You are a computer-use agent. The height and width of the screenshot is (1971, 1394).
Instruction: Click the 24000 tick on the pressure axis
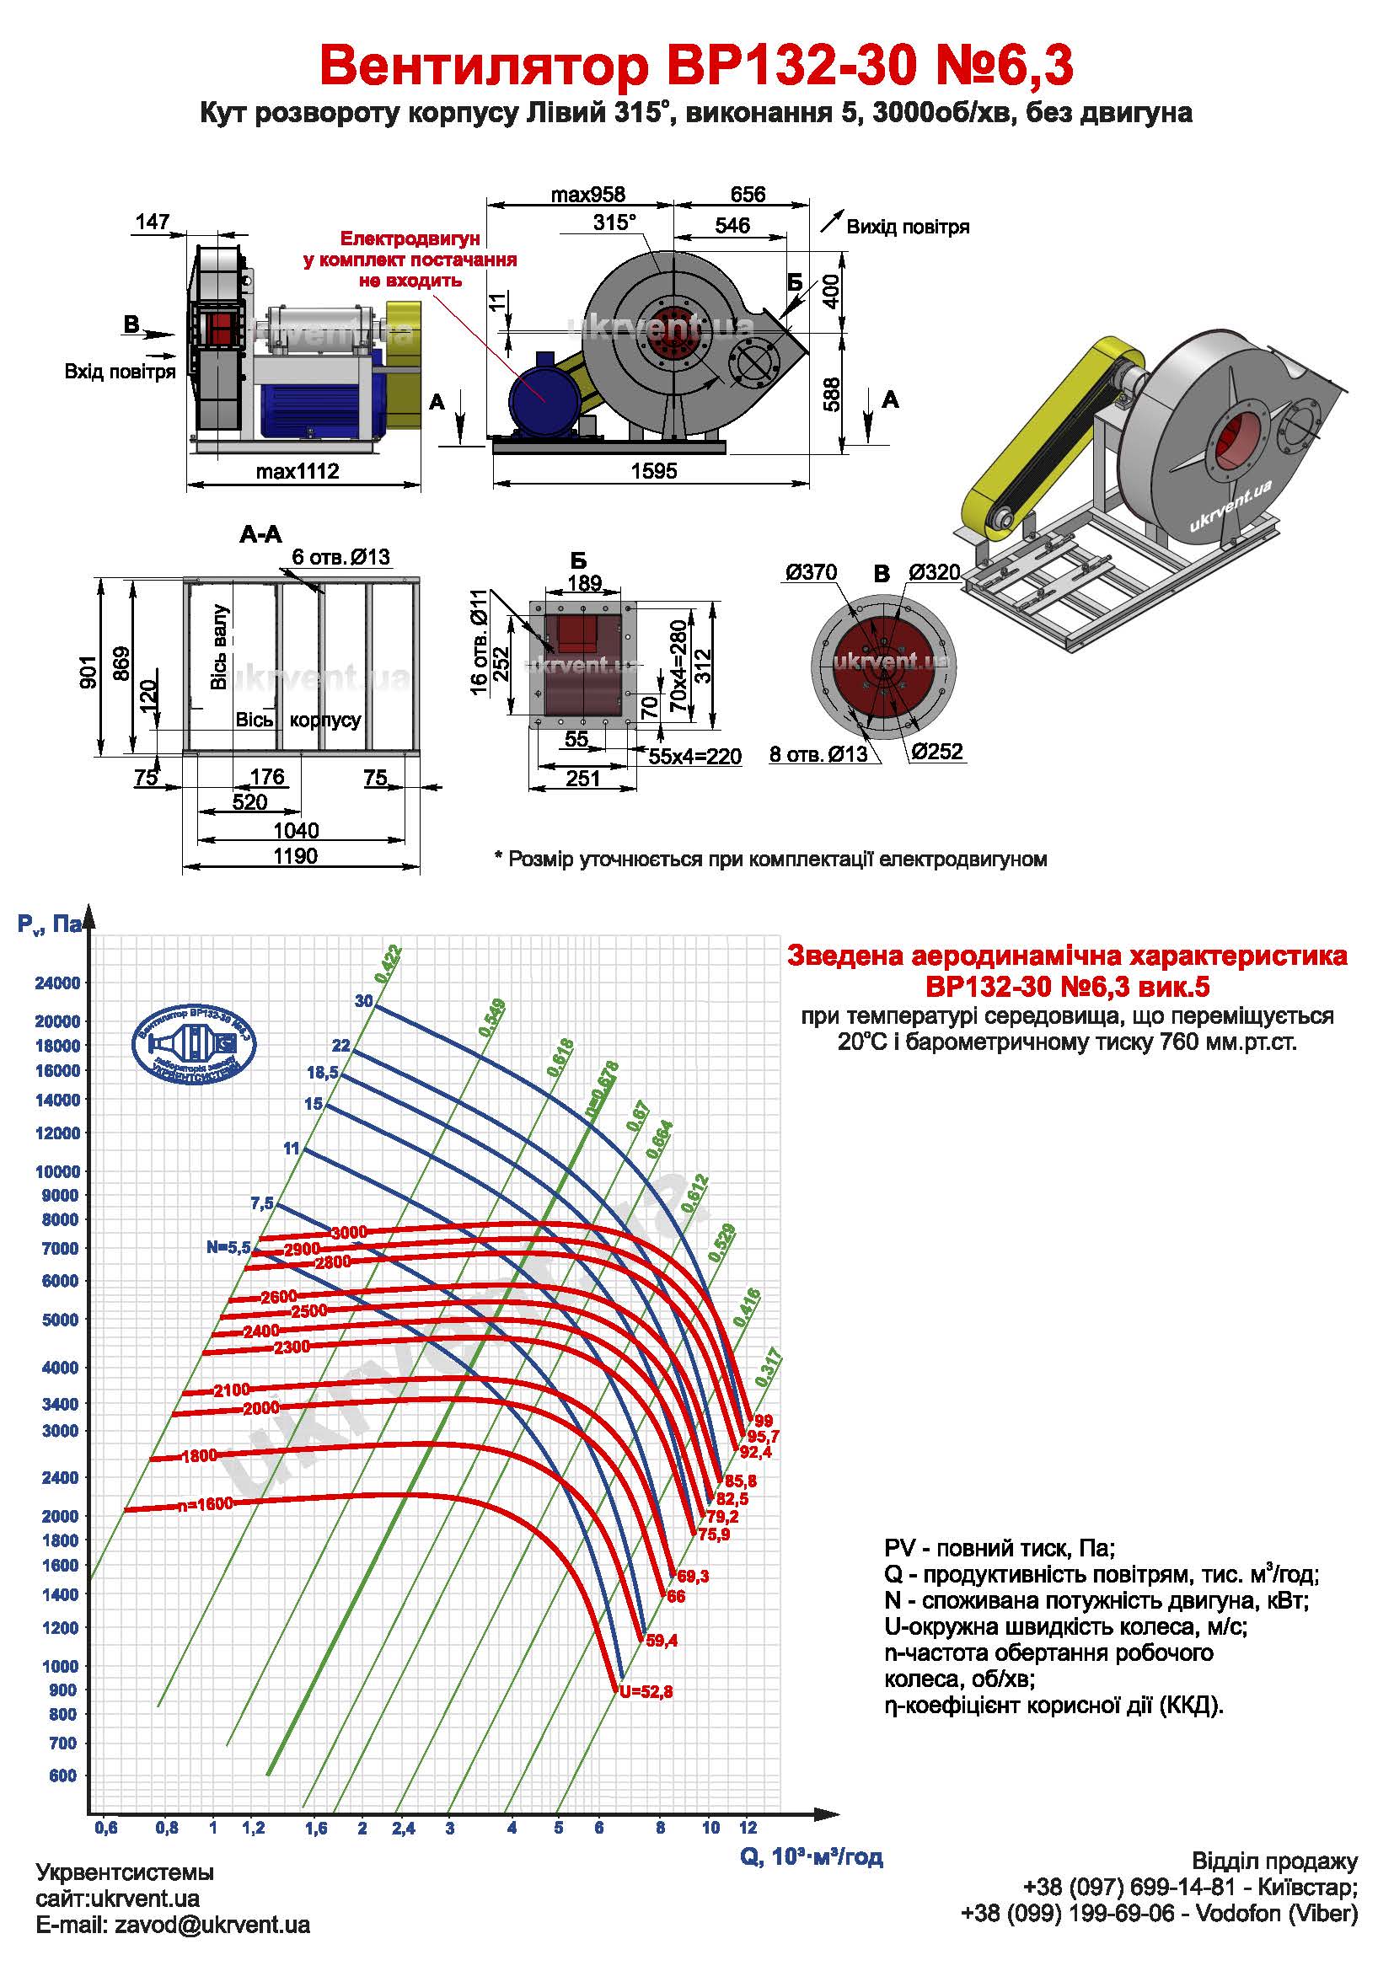pyautogui.click(x=56, y=983)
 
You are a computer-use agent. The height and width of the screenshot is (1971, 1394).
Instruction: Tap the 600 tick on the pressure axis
pyautogui.click(x=62, y=1776)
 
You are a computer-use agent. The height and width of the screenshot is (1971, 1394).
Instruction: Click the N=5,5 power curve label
pyautogui.click(x=228, y=1247)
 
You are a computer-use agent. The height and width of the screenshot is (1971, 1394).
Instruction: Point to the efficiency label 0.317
pyautogui.click(x=769, y=1368)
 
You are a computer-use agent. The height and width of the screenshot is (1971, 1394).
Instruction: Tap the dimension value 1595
pyautogui.click(x=653, y=470)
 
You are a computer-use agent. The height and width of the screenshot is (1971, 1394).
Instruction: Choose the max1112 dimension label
pyautogui.click(x=297, y=470)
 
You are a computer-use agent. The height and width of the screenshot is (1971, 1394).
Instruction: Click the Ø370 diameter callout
pyautogui.click(x=810, y=572)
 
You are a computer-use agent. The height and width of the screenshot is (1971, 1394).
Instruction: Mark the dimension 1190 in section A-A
pyautogui.click(x=295, y=856)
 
